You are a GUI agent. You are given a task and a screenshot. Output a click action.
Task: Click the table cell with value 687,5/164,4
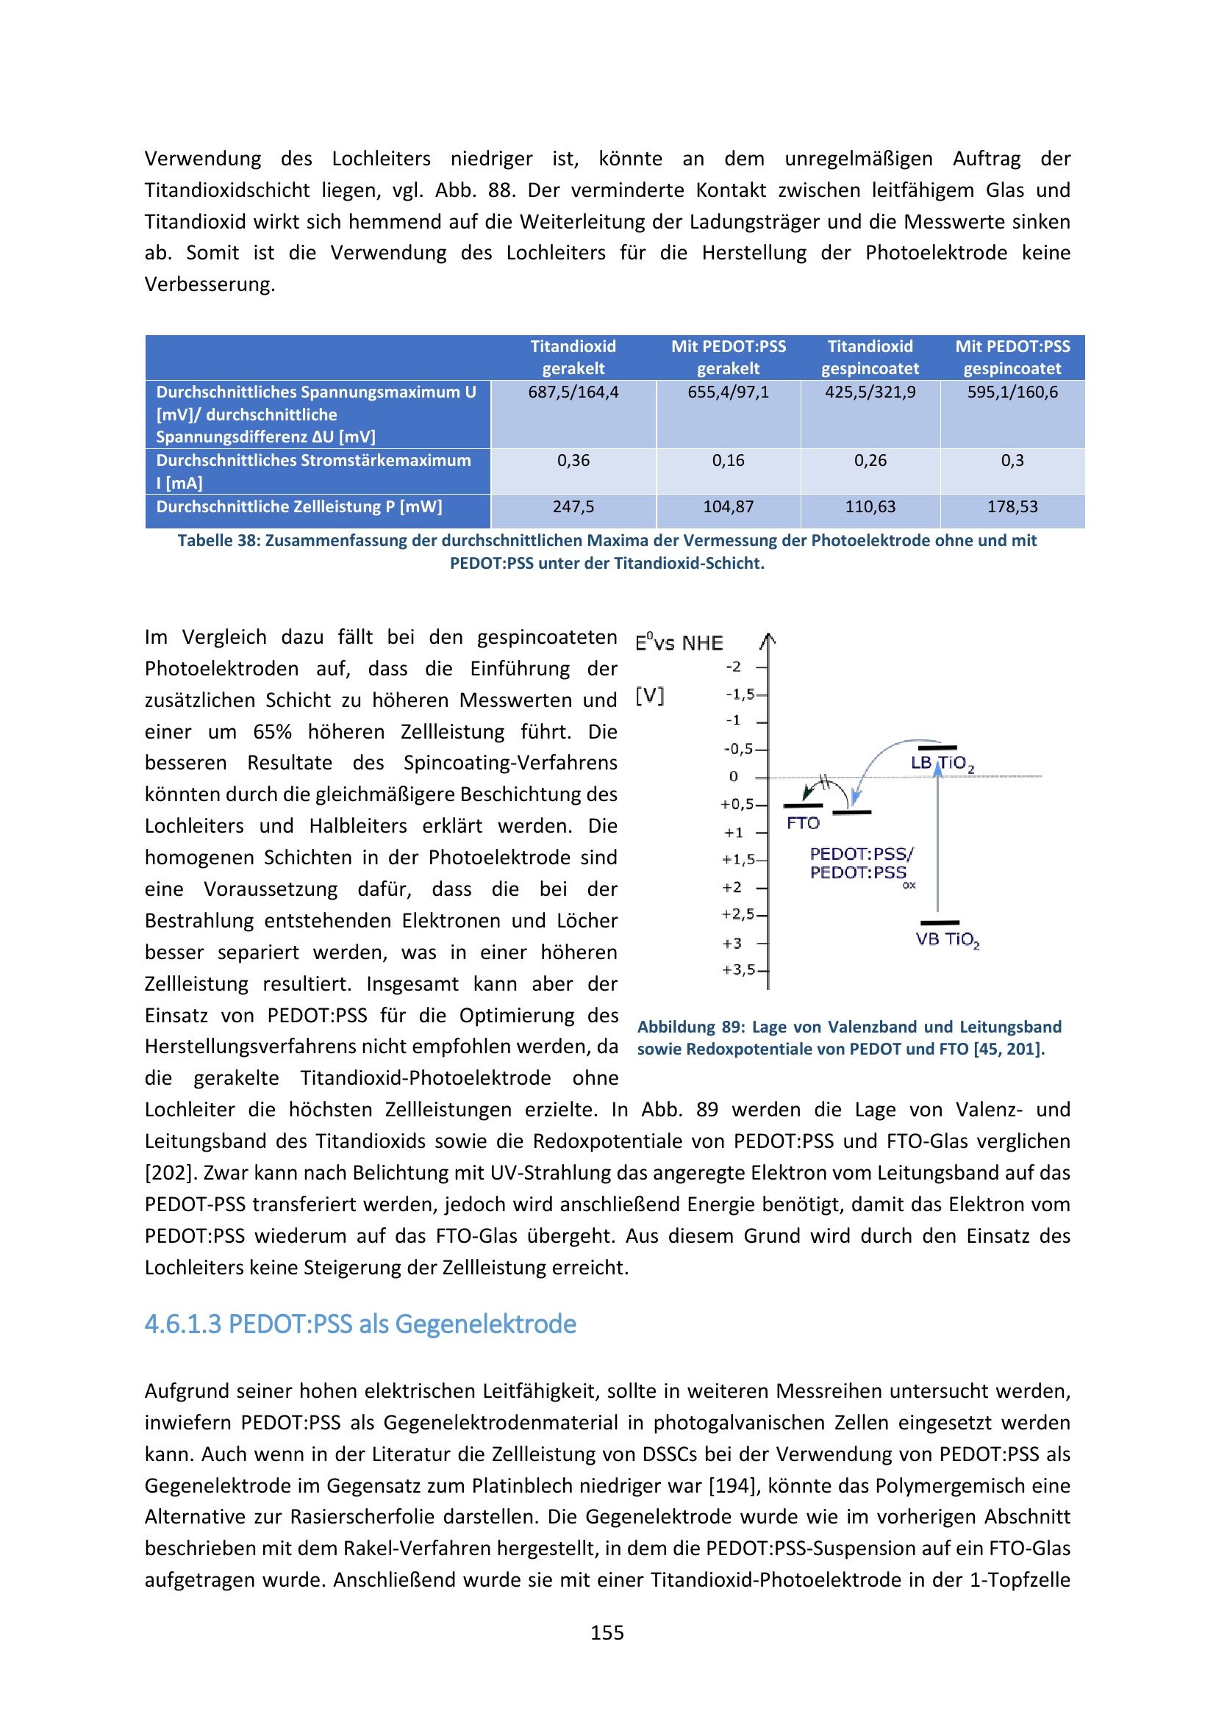coord(573,392)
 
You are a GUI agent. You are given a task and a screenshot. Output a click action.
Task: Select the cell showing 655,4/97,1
coord(728,392)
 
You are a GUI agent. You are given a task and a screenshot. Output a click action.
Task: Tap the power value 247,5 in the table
coord(573,507)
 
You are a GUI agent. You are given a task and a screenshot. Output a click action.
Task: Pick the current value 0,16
coord(728,461)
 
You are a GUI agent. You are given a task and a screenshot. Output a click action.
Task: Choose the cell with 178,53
coord(1012,507)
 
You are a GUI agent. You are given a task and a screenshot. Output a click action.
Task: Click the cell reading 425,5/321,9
coord(870,392)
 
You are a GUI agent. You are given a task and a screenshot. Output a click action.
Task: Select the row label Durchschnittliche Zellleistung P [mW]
coord(298,507)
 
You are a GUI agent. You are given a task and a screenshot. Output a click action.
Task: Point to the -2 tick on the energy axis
coord(734,667)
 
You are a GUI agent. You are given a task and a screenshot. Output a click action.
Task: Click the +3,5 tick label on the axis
coord(737,970)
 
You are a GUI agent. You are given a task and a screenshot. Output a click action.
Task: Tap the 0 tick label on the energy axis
coord(734,777)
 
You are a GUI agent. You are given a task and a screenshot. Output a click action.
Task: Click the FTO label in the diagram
coord(803,824)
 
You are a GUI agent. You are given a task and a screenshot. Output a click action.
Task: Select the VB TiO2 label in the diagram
coord(947,940)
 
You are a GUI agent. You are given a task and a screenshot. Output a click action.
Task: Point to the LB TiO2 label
coord(942,764)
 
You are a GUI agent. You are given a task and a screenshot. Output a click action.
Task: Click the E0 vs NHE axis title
coord(679,643)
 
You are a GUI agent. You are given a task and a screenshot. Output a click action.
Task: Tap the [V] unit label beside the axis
coord(649,696)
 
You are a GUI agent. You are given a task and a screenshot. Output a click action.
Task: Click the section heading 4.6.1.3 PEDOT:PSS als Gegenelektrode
coord(360,1324)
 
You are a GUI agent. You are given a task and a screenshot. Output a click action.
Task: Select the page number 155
coord(607,1633)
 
